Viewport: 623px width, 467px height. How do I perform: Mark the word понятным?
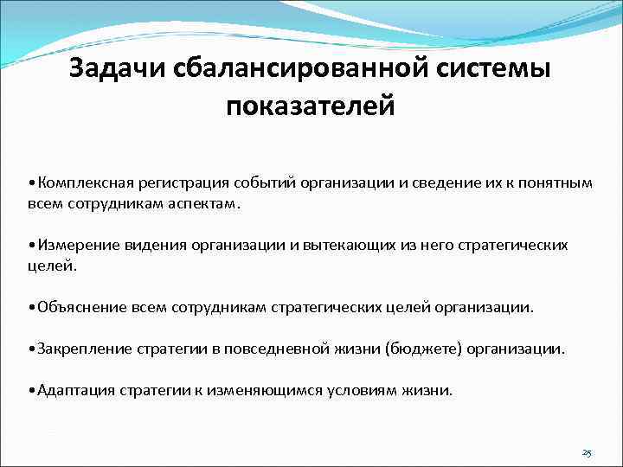pyautogui.click(x=558, y=183)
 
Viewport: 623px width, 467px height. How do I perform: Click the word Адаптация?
pyautogui.click(x=72, y=390)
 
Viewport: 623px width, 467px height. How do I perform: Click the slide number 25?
pyautogui.click(x=588, y=452)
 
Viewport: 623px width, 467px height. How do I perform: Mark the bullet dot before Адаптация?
pyautogui.click(x=30, y=390)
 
